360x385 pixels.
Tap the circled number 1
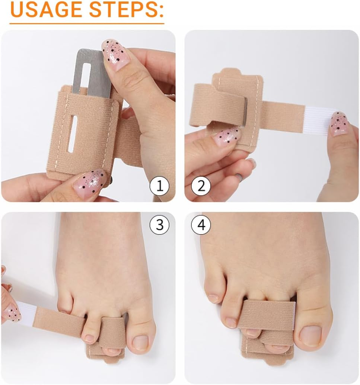(159, 186)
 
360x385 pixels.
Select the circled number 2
(201, 186)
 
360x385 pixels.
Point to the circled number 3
(159, 225)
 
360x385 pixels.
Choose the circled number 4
(201, 225)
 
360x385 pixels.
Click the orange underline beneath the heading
(87, 23)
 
